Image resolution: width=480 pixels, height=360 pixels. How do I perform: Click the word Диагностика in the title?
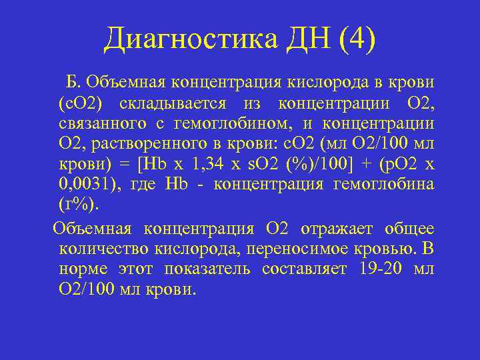[x=190, y=39]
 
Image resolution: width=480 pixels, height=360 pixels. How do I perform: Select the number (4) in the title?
[x=357, y=39]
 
